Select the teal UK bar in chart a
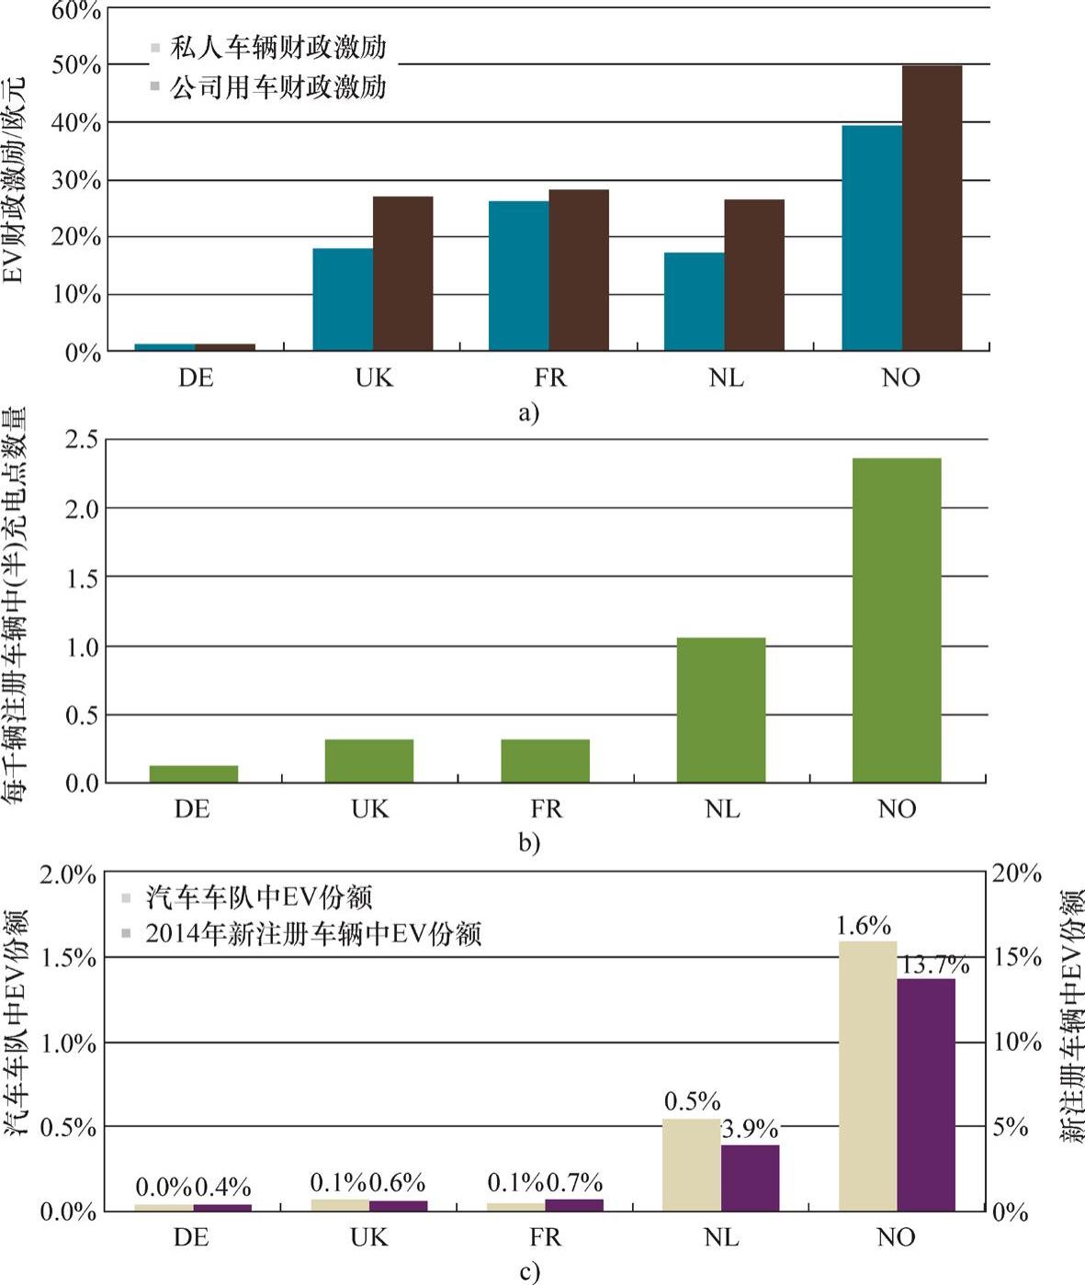343,299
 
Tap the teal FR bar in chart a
518,276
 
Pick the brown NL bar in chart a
754,275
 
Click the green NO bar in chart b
897,620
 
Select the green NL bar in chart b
721,710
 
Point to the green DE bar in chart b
194,773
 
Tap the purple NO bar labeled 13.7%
926,1095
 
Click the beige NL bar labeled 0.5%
691,1165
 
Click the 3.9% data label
750,1129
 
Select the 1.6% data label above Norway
864,925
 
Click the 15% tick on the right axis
1017,957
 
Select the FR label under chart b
546,809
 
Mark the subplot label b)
528,842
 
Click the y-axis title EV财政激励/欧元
13,180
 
